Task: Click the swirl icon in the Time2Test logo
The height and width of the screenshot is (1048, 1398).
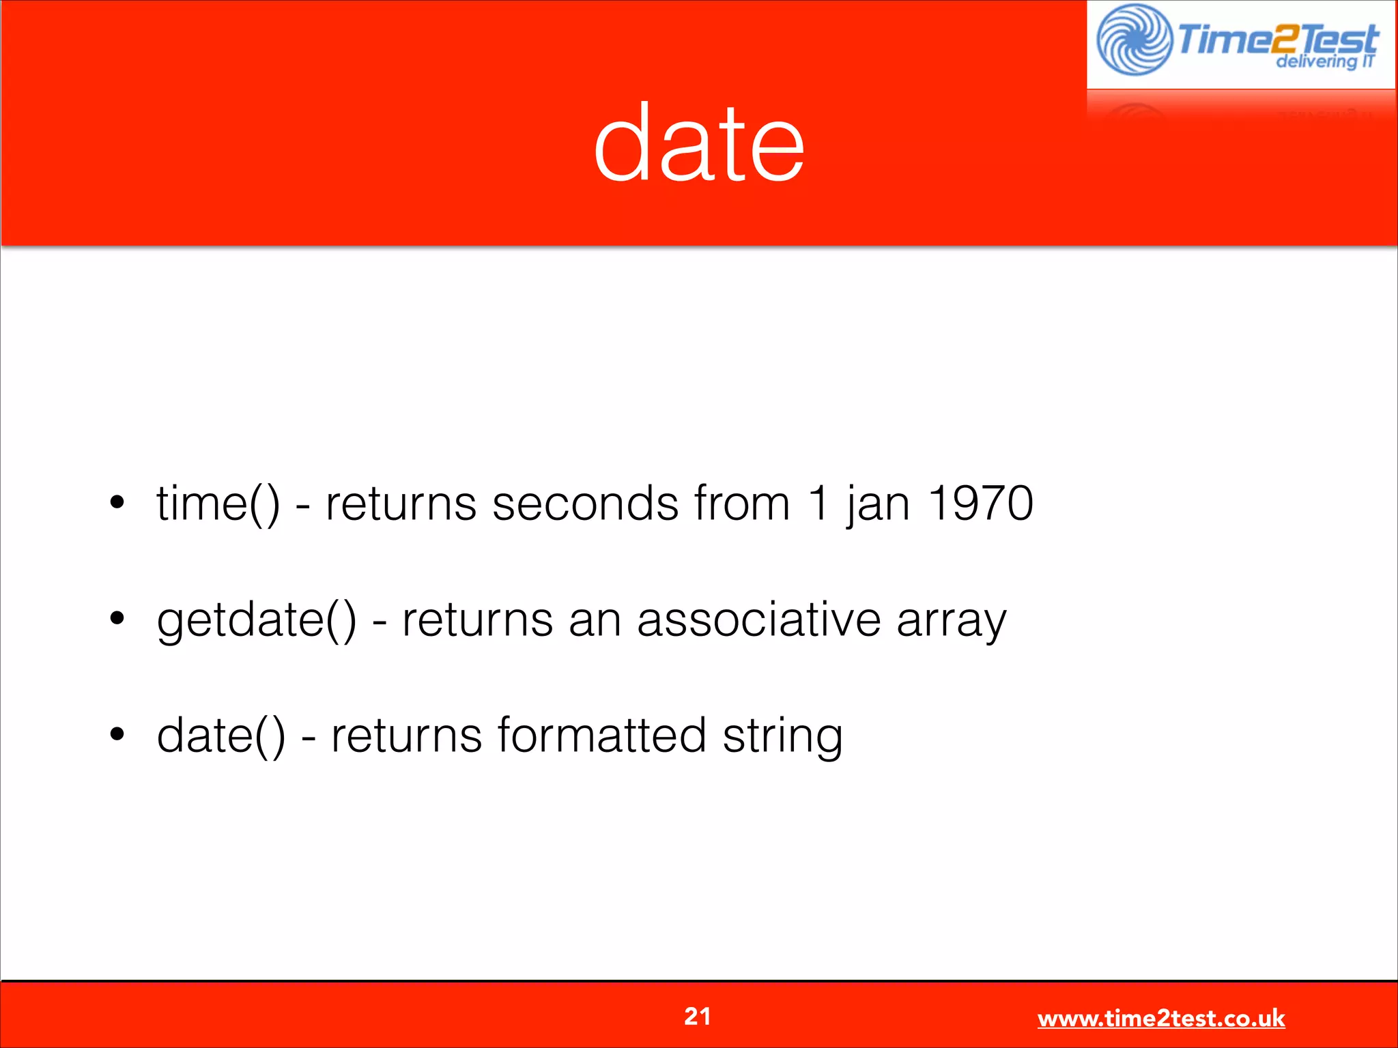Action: pos(1135,40)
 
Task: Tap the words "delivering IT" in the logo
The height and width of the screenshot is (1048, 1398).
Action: pos(1324,62)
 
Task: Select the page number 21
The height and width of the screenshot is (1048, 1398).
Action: pos(697,1016)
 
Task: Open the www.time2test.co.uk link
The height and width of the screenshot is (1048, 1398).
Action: pos(1160,1018)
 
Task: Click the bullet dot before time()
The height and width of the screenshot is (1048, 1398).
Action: pos(117,503)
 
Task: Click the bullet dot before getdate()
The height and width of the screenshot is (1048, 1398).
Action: pos(117,619)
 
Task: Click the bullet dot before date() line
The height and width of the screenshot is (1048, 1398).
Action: pos(117,735)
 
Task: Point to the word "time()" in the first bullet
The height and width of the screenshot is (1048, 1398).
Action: pos(218,504)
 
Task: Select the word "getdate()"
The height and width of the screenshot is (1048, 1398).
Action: pos(256,620)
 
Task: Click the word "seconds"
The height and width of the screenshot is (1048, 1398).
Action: pos(585,504)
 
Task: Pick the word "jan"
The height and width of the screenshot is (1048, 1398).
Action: pos(878,505)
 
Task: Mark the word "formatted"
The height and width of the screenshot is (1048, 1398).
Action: pos(601,735)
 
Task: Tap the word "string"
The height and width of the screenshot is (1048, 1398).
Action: pos(782,737)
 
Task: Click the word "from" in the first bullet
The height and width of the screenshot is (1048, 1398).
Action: pos(742,504)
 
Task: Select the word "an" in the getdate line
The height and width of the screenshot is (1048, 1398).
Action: pos(595,621)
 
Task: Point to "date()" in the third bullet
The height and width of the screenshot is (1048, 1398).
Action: pos(220,736)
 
